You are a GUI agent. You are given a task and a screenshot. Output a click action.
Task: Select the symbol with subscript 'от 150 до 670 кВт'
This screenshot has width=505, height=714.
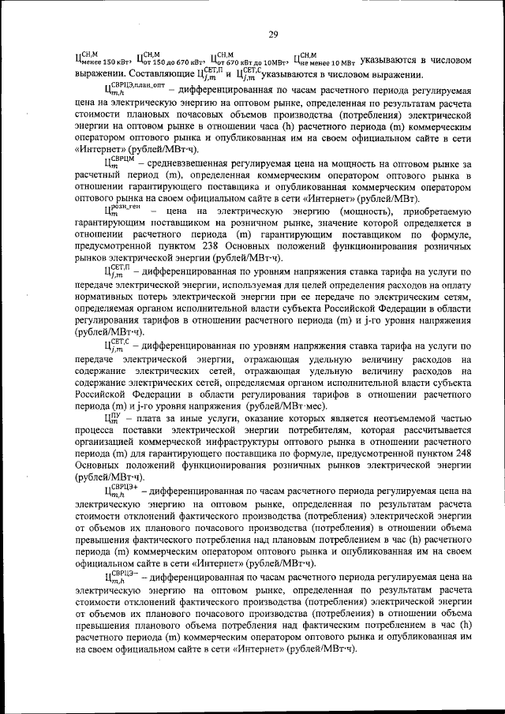point(170,58)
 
